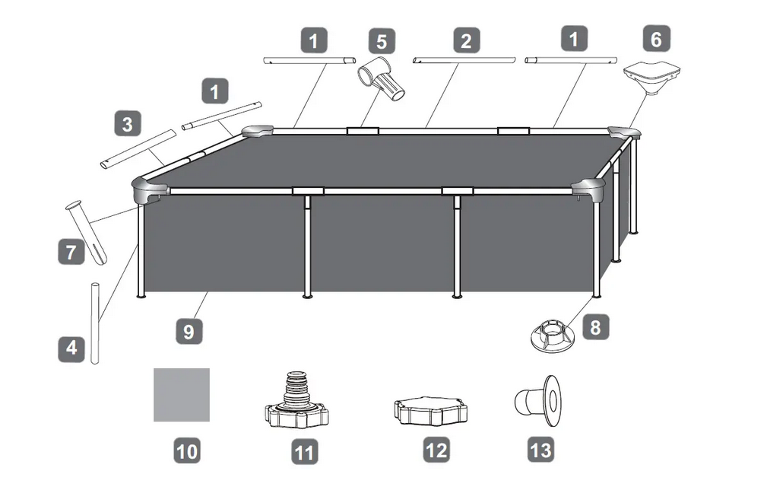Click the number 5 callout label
pos(382,42)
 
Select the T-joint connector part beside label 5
pos(382,79)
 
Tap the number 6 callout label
pos(656,39)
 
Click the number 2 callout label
pos(466,40)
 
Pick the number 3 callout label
pos(128,123)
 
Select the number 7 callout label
pos(71,252)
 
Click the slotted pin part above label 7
pos(87,233)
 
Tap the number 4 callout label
pos(71,348)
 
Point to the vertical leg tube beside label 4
pos(96,323)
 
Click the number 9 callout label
pos(189,332)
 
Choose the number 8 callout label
pos(595,326)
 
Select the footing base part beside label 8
pos(555,336)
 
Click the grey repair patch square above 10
pos(182,395)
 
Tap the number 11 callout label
pos(304,451)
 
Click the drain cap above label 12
pos(430,412)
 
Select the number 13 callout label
pos(541,450)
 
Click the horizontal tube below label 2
pos(464,60)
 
